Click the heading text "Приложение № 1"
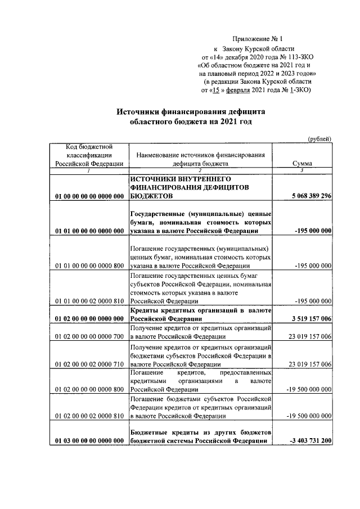pyautogui.click(x=257, y=38)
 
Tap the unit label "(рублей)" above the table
pyautogui.click(x=319, y=139)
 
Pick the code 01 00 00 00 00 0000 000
pyautogui.click(x=89, y=196)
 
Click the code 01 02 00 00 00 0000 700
pyautogui.click(x=89, y=336)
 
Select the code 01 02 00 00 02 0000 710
pyautogui.click(x=89, y=364)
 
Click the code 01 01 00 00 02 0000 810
pyautogui.click(x=89, y=301)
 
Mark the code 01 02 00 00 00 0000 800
pyautogui.click(x=89, y=389)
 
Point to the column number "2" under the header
pyautogui.click(x=199, y=170)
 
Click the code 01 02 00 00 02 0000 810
pyautogui.click(x=89, y=416)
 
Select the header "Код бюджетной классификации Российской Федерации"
pyautogui.click(x=89, y=155)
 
